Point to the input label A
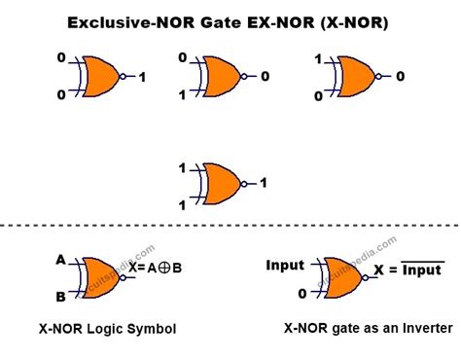click(x=60, y=260)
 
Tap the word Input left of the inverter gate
click(x=285, y=265)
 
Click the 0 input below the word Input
click(x=302, y=292)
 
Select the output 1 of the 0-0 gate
click(x=142, y=76)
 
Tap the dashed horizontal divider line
click(x=230, y=227)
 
